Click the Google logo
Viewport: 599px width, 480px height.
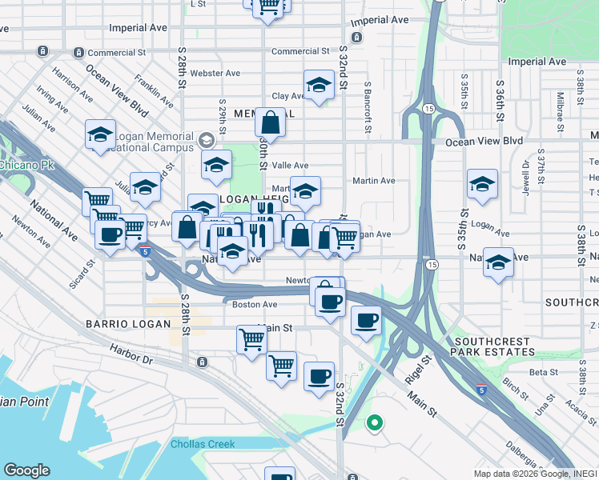(x=27, y=470)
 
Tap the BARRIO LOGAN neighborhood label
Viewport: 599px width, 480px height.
(x=128, y=324)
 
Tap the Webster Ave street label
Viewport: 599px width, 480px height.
(x=210, y=73)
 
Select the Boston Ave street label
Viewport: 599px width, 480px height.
(x=255, y=305)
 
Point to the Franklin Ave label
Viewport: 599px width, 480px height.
(x=155, y=91)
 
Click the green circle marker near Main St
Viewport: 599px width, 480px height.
(x=373, y=423)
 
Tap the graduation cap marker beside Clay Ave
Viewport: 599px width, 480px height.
(x=319, y=85)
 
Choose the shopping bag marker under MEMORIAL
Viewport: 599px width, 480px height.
(x=271, y=124)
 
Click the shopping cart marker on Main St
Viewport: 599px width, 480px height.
(x=251, y=339)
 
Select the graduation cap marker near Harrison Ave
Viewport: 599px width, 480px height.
(x=100, y=134)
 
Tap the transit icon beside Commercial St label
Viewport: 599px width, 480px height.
(x=78, y=53)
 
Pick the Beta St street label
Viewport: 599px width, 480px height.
(x=543, y=372)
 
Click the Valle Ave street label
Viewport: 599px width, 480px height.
(x=290, y=165)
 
